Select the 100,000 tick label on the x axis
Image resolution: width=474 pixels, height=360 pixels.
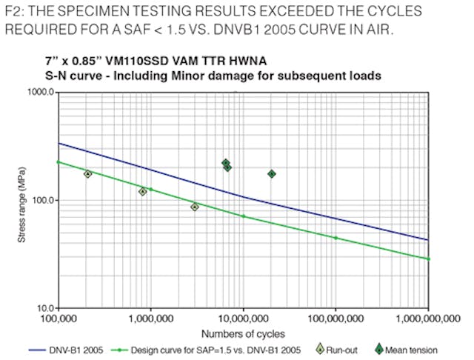click(x=59, y=321)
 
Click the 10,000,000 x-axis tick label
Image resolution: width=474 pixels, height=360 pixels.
click(x=243, y=321)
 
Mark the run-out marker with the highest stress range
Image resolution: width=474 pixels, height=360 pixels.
click(x=88, y=173)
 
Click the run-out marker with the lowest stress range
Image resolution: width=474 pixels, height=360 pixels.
click(x=195, y=207)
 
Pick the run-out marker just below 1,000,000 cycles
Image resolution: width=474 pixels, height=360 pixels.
click(x=143, y=191)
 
